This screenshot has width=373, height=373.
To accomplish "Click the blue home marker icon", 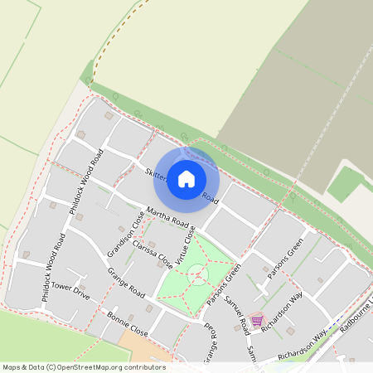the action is [186, 178].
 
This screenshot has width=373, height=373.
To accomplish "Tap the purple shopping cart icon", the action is [257, 320].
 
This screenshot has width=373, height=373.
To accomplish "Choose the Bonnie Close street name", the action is [128, 324].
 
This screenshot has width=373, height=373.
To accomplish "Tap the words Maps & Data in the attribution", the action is [22, 367].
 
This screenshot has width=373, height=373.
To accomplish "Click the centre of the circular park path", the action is [197, 274].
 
